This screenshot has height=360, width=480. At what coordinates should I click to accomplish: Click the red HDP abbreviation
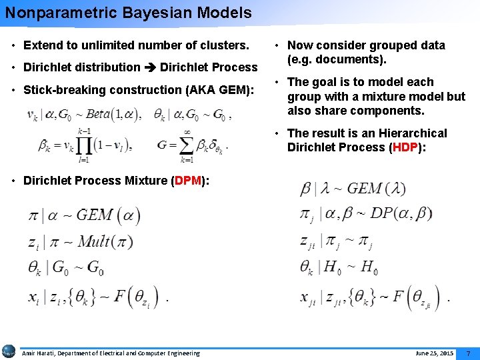405,147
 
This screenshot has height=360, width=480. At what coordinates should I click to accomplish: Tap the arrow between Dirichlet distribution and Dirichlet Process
151,67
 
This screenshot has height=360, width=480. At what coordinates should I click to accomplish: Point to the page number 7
468,353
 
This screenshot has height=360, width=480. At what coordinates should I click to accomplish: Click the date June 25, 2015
434,353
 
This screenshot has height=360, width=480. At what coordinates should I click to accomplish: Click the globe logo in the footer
9,351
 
